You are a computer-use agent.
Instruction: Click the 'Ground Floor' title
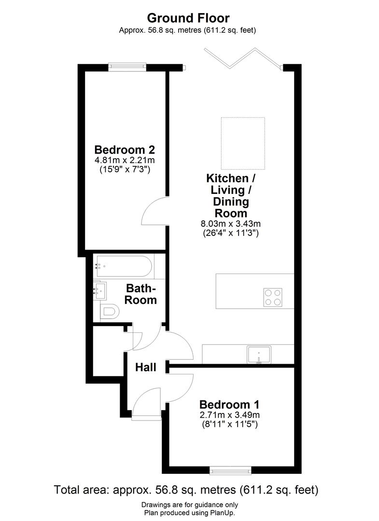[x=188, y=18]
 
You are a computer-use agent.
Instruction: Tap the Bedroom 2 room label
[x=125, y=149]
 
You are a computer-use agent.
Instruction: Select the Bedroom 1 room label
[x=230, y=404]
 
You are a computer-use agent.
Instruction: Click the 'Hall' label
[x=145, y=368]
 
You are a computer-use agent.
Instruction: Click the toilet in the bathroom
[x=110, y=312]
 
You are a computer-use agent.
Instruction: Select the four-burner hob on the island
[x=273, y=297]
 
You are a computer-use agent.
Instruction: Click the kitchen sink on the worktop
[x=259, y=355]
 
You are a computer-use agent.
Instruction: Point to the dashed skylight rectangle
[x=243, y=143]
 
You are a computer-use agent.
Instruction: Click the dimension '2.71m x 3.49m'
[x=230, y=415]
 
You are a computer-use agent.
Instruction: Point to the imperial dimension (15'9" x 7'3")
[x=125, y=170]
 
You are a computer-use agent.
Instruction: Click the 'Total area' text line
[x=186, y=491]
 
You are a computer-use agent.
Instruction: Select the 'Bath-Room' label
[x=141, y=294]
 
